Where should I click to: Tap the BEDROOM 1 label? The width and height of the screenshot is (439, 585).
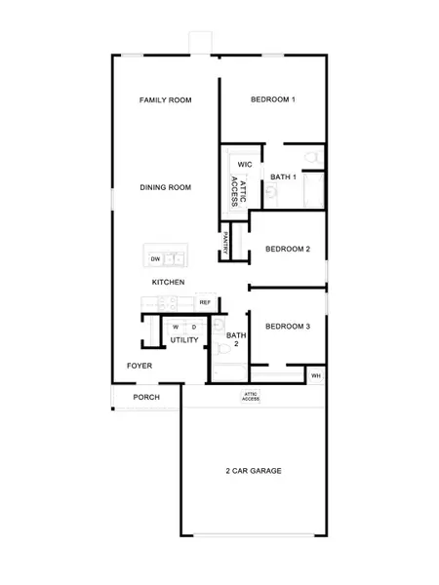272,99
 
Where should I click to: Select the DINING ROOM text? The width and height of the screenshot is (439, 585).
164,187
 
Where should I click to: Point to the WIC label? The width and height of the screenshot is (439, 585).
244,165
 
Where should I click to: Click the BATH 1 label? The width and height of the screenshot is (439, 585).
283,176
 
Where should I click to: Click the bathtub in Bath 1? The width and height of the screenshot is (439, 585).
314,189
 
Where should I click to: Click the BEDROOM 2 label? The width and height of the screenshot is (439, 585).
287,249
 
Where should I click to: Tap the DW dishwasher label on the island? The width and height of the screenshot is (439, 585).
155,258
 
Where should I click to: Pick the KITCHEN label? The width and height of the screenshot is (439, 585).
168,282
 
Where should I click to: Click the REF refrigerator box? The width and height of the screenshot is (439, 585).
205,302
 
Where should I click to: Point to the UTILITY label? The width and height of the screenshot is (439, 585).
184,340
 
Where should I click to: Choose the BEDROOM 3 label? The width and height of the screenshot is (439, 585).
287,327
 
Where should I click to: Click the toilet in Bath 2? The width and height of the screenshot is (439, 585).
219,327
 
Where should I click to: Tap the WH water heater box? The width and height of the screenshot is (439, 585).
315,374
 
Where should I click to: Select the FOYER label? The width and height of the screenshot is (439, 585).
140,366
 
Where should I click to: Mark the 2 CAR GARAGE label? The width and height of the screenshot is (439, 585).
252,471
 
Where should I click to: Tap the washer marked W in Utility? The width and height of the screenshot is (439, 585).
176,327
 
